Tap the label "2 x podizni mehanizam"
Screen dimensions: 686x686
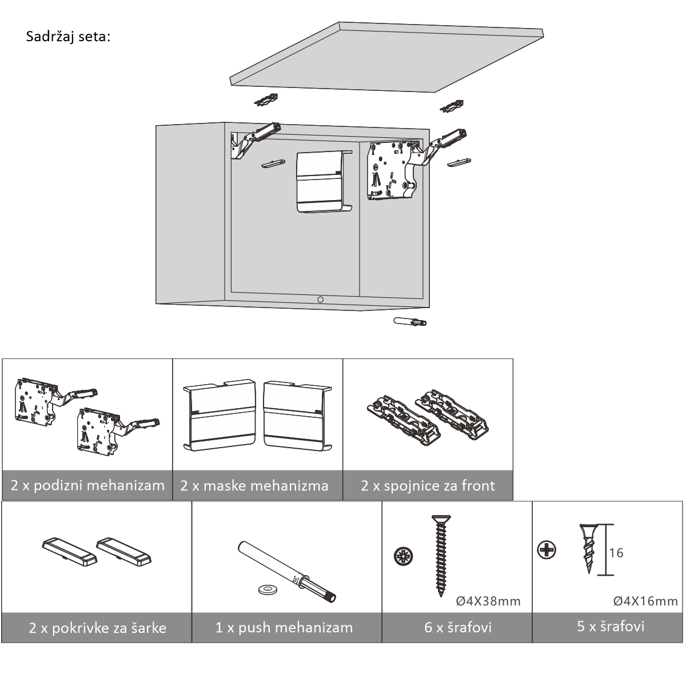coord(87,486)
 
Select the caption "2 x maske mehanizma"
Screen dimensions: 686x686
coord(254,486)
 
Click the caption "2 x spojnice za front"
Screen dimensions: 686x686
coord(428,486)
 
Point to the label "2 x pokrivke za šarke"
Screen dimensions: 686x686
coord(97,628)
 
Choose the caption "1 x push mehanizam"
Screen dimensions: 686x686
coord(284,628)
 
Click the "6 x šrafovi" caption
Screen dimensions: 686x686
coord(458,628)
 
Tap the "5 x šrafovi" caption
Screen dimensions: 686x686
coord(611,626)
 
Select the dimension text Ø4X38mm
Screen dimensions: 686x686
coord(488,601)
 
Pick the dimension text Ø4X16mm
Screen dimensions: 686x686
coord(645,601)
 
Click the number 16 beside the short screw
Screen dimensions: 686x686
coord(616,553)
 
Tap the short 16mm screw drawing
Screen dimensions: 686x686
coord(588,548)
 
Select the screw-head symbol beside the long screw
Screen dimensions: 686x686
coord(404,556)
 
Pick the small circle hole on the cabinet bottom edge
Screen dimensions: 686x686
coord(320,300)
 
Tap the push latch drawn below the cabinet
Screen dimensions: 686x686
coord(410,321)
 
